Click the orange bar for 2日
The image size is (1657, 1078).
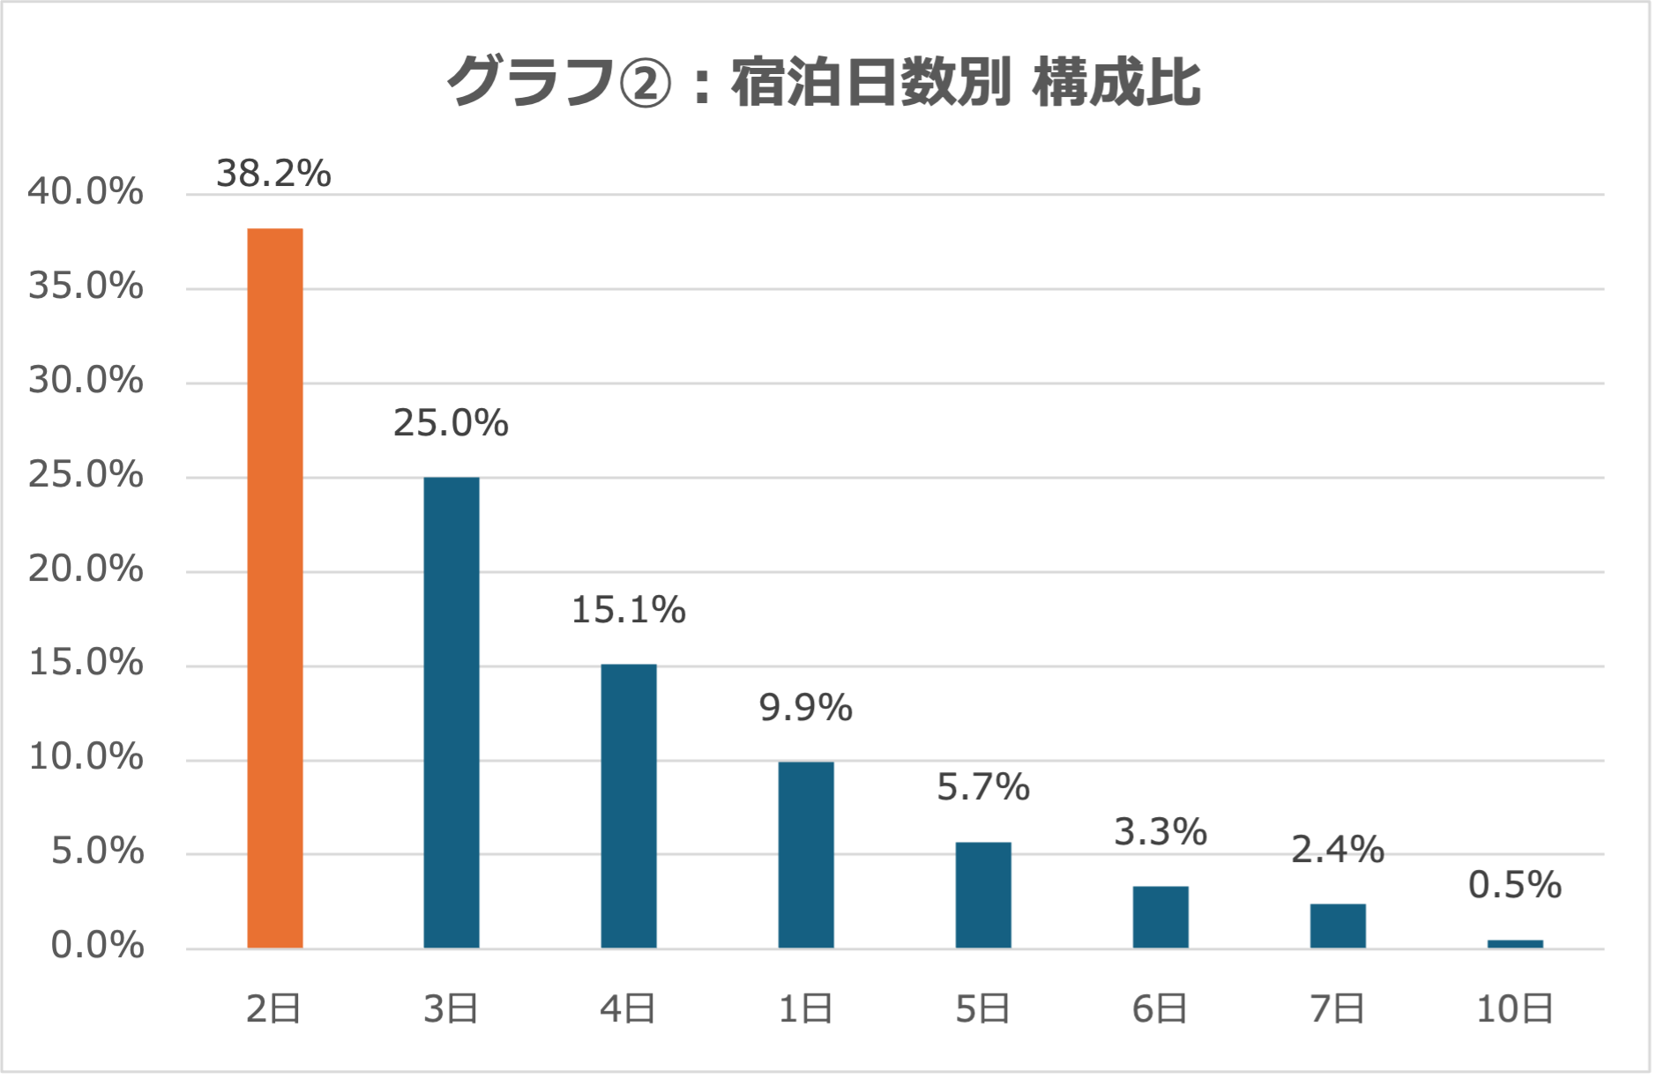[275, 588]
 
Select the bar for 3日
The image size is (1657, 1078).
[452, 712]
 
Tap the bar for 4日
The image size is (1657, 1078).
[629, 806]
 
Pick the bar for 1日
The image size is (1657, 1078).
[806, 855]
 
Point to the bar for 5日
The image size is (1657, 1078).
[983, 895]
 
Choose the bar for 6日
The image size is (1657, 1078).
[1161, 917]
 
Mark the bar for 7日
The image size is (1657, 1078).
[1338, 926]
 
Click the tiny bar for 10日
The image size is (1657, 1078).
[1515, 944]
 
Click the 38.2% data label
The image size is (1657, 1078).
[273, 174]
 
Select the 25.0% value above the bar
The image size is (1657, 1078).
[451, 424]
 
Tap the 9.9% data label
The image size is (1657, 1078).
[806, 708]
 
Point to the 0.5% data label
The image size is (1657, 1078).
[1515, 885]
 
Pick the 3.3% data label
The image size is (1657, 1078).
[1161, 832]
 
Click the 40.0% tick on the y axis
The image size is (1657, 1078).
[86, 191]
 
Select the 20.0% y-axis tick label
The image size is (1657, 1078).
[86, 569]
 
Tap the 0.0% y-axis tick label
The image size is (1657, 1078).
[97, 946]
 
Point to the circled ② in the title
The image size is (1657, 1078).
[646, 85]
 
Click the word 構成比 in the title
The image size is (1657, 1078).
[1116, 83]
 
